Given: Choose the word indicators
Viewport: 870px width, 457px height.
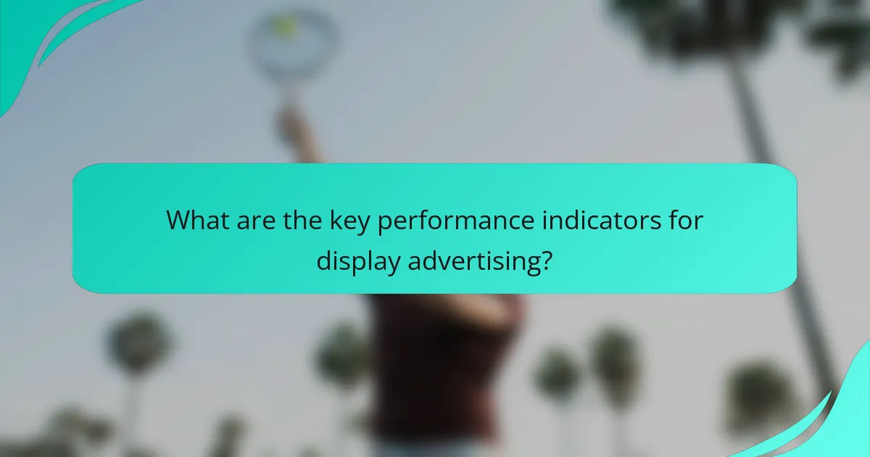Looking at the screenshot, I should coord(592,220).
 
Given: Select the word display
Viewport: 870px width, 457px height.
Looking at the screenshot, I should coord(357,260).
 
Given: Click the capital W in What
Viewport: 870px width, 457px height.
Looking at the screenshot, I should coord(178,220).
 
